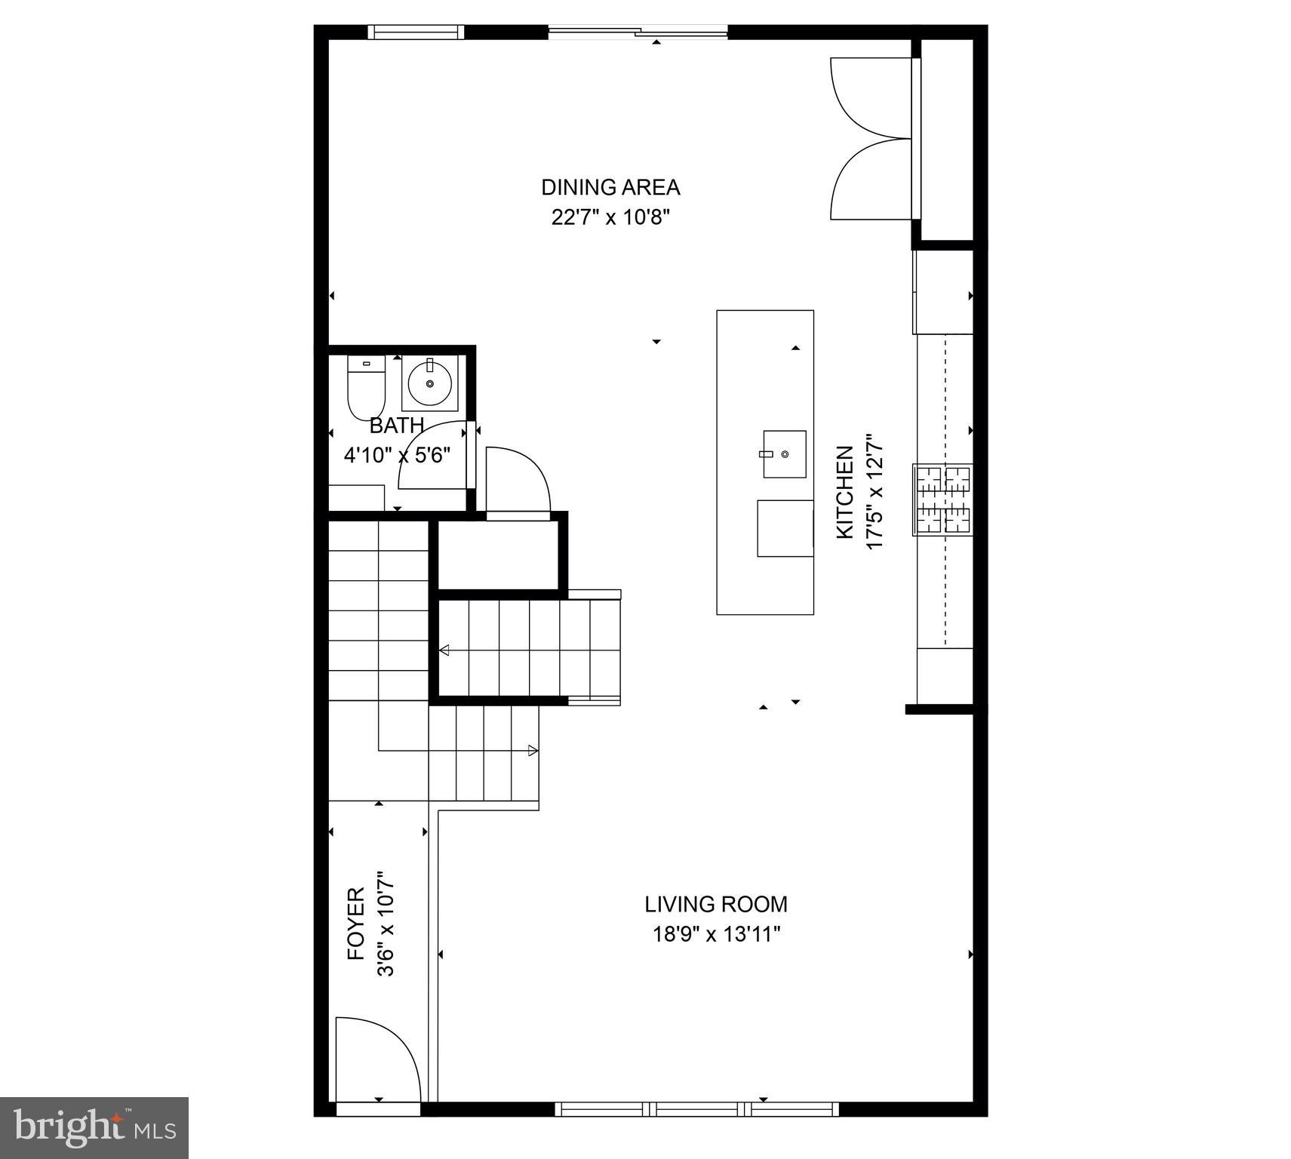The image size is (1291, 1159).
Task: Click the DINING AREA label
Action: (610, 187)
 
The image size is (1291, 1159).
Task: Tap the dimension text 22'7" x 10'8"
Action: (610, 218)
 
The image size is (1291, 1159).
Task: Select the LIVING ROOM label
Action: (715, 904)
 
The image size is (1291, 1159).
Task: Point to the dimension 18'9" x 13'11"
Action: (715, 935)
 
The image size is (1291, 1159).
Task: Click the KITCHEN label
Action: (845, 492)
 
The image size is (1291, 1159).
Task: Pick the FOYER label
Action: (356, 923)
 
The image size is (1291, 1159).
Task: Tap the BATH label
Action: (396, 426)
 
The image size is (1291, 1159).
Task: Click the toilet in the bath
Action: (366, 386)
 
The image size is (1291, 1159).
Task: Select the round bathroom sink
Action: (429, 383)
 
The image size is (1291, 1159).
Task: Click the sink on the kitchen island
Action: (784, 454)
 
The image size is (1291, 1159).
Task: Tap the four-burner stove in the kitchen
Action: (942, 500)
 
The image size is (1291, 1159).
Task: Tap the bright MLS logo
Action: (94, 1127)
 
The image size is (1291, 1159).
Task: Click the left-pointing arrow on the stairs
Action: (444, 650)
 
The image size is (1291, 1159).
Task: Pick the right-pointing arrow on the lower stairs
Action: (533, 751)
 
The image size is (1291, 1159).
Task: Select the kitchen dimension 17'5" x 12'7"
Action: (874, 492)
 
